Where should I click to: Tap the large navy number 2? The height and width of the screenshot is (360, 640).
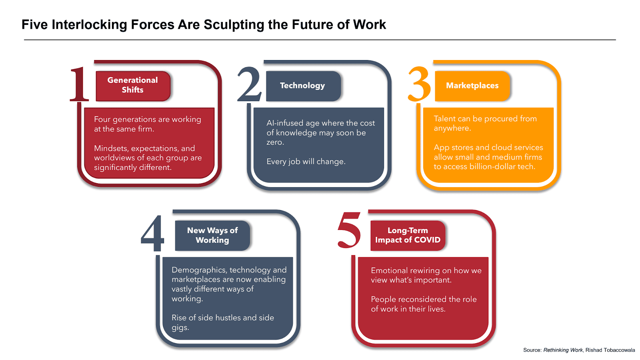(249, 84)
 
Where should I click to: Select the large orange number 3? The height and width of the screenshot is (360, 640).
(419, 84)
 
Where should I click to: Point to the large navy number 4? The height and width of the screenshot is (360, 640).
(152, 234)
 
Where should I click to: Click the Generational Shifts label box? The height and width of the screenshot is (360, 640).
(133, 85)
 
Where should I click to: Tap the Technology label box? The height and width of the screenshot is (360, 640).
(303, 86)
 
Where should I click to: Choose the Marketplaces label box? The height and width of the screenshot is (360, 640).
(472, 86)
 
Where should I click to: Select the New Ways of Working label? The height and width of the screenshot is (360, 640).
(212, 235)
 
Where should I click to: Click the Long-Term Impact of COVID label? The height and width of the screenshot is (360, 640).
(408, 235)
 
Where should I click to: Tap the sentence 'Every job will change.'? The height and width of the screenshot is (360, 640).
(306, 162)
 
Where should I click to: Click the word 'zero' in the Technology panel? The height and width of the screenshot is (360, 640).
(274, 142)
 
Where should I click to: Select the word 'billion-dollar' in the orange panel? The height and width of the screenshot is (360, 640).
(492, 167)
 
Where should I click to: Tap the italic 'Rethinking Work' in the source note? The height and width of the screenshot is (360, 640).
(563, 350)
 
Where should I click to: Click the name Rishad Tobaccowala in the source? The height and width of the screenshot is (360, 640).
(610, 350)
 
